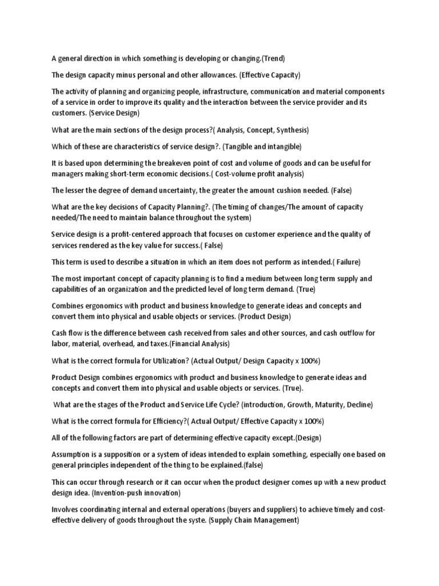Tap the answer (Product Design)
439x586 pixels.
pos(265,316)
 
